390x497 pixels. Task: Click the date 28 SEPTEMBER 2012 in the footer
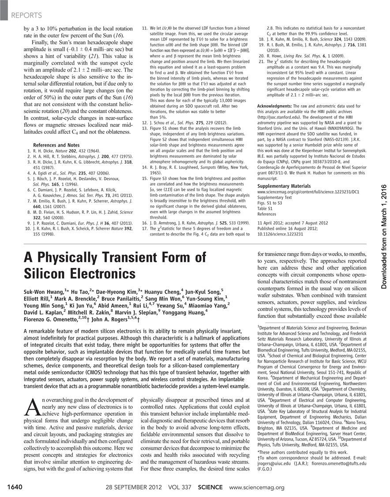[x=133, y=487]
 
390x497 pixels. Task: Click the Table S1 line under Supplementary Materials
[x=266, y=207]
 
